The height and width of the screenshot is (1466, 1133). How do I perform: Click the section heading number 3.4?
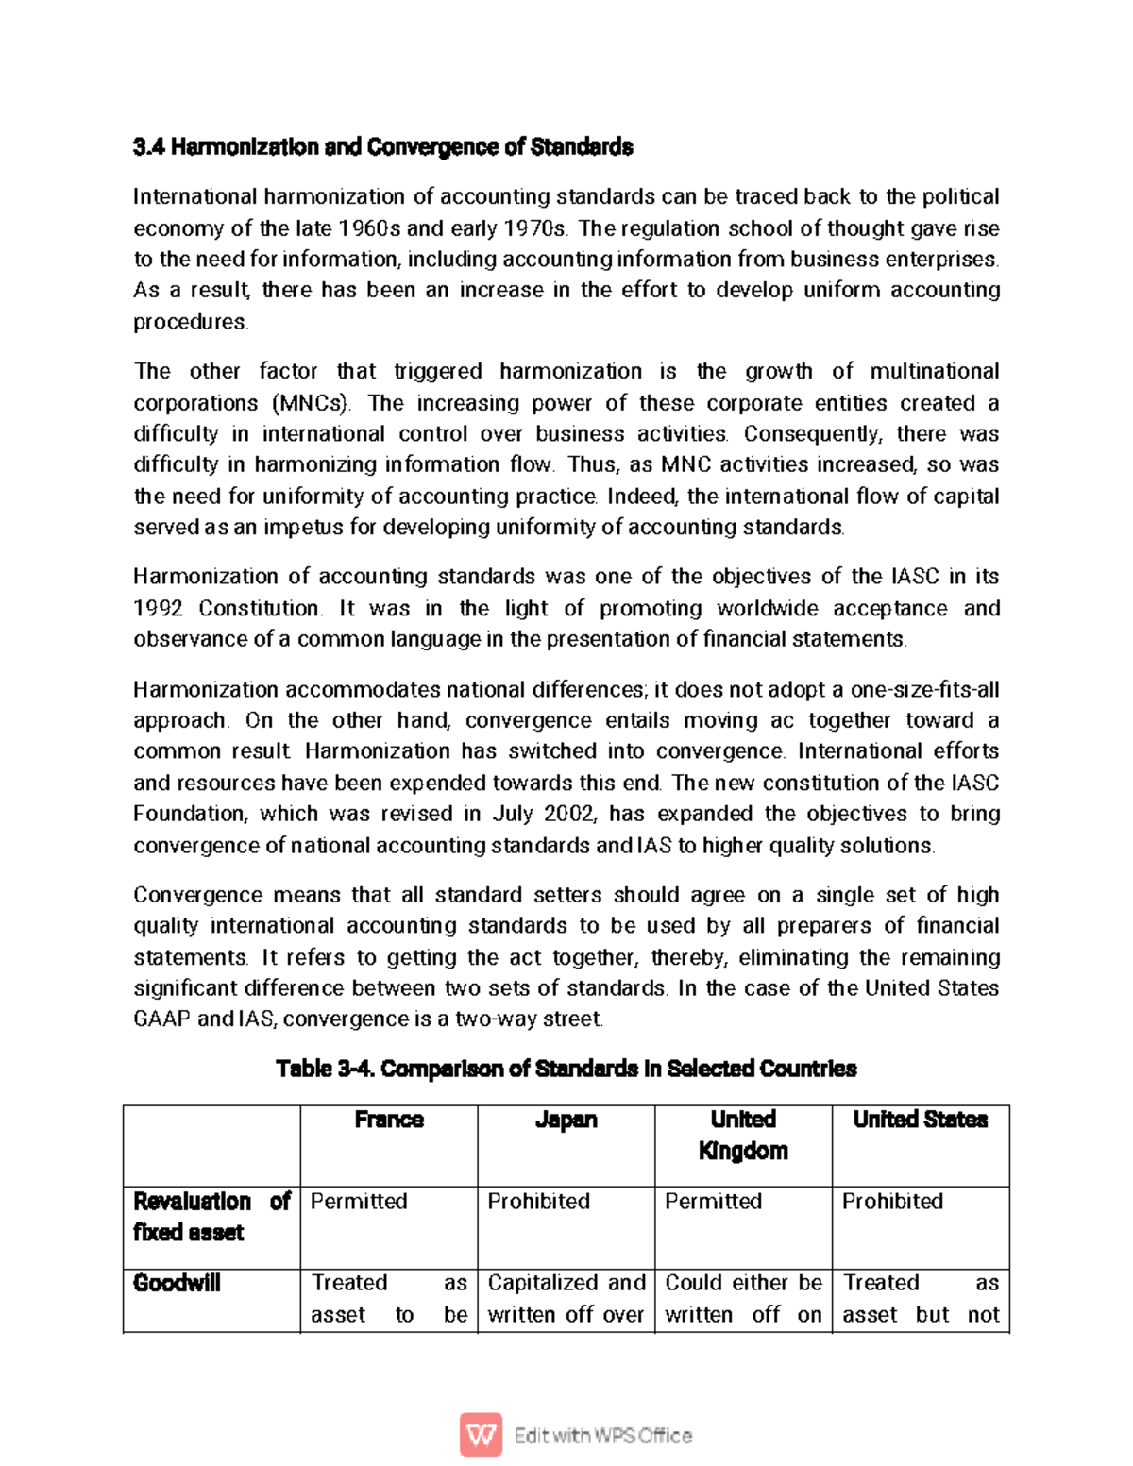(x=149, y=147)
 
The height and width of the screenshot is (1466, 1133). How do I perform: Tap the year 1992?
(x=158, y=608)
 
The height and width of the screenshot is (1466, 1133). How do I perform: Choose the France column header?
(x=389, y=1120)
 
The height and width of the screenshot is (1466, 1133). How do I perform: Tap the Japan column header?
(x=566, y=1120)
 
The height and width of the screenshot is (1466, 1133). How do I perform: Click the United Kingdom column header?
(x=743, y=1135)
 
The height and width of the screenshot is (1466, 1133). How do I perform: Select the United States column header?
(x=920, y=1120)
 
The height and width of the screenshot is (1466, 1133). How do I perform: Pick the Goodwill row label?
(x=177, y=1283)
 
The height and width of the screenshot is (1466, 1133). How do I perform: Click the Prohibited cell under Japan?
(x=538, y=1202)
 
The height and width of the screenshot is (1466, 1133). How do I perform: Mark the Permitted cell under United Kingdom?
(x=713, y=1202)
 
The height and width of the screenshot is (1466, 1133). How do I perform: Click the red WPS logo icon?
(x=481, y=1435)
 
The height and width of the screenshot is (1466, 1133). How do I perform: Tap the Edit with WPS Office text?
(x=603, y=1436)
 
